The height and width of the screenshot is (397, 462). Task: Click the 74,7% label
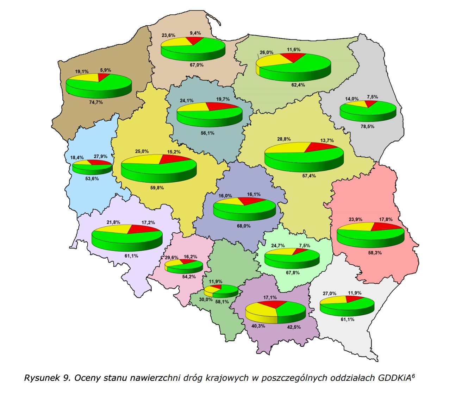pyautogui.click(x=96, y=102)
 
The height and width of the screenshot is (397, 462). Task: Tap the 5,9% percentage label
pyautogui.click(x=105, y=70)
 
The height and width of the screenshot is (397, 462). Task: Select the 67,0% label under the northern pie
pyautogui.click(x=196, y=65)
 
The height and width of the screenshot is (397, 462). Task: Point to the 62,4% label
pyautogui.click(x=298, y=85)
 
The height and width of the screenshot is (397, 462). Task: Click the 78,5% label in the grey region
pyautogui.click(x=367, y=127)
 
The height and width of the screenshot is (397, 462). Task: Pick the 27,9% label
pyautogui.click(x=101, y=157)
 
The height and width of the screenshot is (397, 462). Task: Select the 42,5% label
pyautogui.click(x=294, y=327)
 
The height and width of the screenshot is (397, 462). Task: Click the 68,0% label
pyautogui.click(x=243, y=226)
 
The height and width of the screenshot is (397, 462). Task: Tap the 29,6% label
pyautogui.click(x=171, y=258)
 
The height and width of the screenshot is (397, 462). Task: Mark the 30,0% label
pyautogui.click(x=206, y=300)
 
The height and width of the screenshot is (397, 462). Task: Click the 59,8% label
pyautogui.click(x=157, y=188)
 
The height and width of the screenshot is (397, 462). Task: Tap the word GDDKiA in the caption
pyautogui.click(x=394, y=378)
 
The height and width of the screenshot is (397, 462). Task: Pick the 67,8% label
pyautogui.click(x=293, y=273)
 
